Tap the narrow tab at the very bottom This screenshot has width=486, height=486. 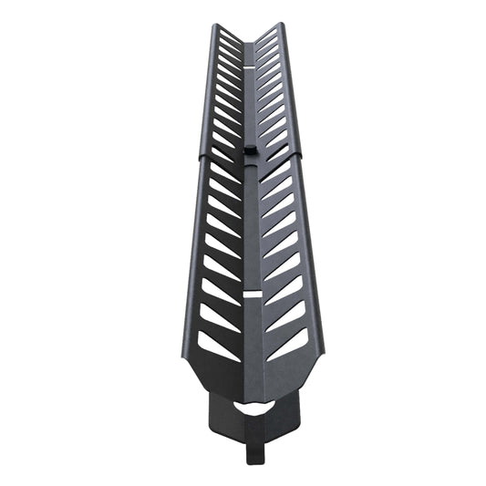click(x=251, y=457)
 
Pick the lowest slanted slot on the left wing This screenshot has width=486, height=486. click(x=218, y=345)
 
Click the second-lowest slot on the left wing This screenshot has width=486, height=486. click(x=219, y=315)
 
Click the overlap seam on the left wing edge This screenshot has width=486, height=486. click(x=200, y=157)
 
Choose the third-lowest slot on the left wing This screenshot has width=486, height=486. click(x=220, y=290)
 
